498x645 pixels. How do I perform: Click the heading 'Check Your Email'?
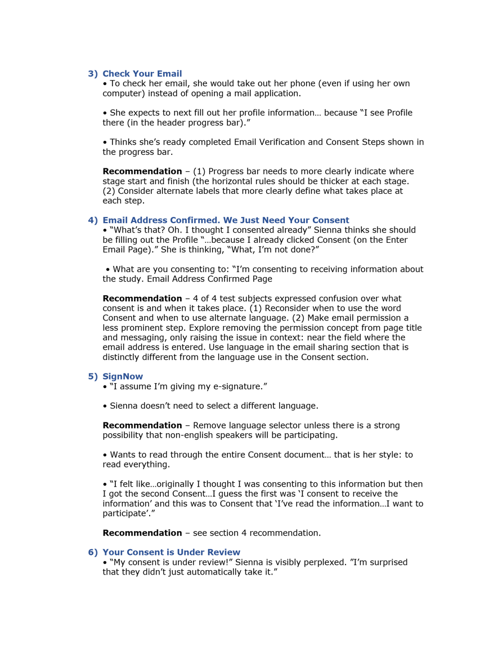pyautogui.click(x=142, y=74)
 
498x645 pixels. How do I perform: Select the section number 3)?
pyautogui.click(x=92, y=74)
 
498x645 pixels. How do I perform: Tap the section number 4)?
pyautogui.click(x=92, y=220)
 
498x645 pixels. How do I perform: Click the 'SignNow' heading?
pyautogui.click(x=123, y=376)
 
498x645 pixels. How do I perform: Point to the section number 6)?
pyautogui.click(x=92, y=553)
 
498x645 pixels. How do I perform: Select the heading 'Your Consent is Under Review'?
pyautogui.click(x=171, y=553)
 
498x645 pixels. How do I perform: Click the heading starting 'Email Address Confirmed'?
pyautogui.click(x=226, y=220)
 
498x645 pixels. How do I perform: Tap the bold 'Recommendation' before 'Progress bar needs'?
pyautogui.click(x=142, y=171)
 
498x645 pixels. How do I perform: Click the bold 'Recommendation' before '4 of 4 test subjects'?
pyautogui.click(x=142, y=299)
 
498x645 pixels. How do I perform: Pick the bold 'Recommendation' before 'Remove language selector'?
pyautogui.click(x=142, y=425)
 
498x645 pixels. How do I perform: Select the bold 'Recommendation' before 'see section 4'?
pyautogui.click(x=142, y=533)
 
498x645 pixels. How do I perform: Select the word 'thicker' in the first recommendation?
pyautogui.click(x=347, y=181)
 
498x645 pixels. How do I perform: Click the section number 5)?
pyautogui.click(x=92, y=376)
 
